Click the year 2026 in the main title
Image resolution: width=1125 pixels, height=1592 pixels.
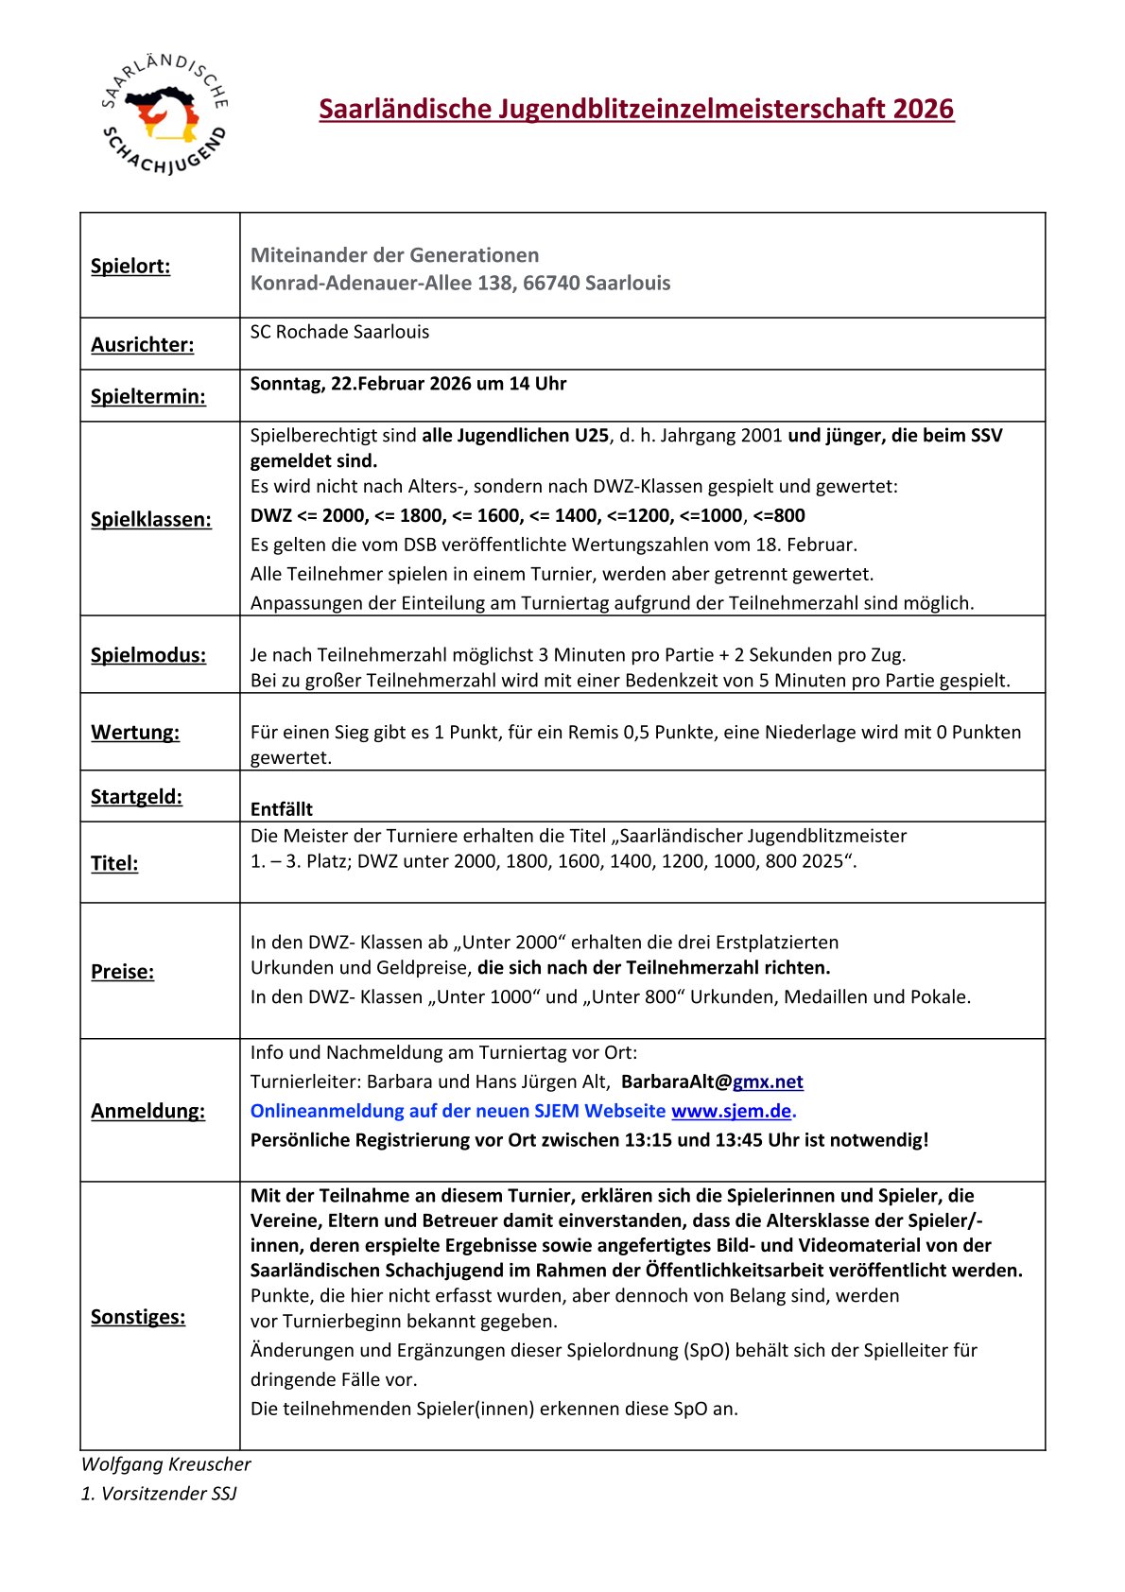pos(925,109)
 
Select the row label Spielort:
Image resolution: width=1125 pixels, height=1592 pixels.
pos(130,266)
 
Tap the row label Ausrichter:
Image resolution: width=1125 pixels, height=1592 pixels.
pos(142,344)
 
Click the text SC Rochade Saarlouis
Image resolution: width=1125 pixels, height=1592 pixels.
pos(339,332)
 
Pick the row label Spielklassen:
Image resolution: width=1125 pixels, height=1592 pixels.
pos(151,519)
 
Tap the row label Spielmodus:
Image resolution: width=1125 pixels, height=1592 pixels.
pos(148,654)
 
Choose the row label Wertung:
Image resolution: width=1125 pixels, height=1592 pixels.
pos(135,732)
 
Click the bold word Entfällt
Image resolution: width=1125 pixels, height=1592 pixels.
pos(282,809)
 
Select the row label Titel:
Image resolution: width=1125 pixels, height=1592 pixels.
pos(114,862)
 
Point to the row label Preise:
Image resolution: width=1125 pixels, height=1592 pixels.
pos(122,971)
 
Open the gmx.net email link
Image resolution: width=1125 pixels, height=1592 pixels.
pos(768,1082)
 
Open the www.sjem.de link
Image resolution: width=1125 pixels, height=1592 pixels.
pos(731,1111)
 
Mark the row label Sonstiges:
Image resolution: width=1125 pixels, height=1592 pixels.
pos(138,1316)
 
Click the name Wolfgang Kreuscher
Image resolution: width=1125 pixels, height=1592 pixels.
pos(166,1464)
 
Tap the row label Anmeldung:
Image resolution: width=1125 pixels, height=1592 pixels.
pos(147,1111)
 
